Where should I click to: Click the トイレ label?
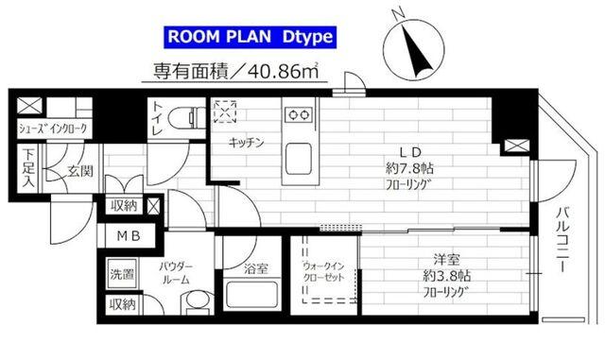tap(158, 119)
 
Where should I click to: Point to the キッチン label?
tap(245, 143)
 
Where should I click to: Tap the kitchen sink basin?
tap(301, 155)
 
